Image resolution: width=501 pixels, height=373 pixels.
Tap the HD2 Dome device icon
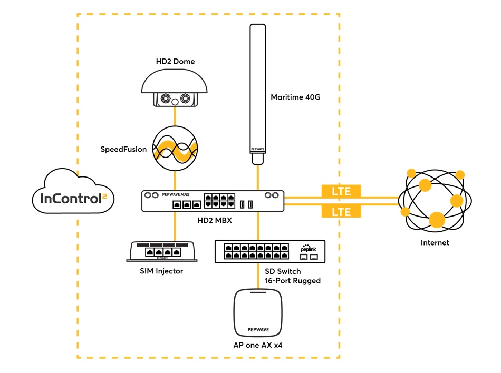(175, 90)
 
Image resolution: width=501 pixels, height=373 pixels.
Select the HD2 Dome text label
(175, 62)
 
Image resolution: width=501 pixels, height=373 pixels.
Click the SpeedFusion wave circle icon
(175, 149)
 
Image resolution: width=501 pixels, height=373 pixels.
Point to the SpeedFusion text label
(123, 149)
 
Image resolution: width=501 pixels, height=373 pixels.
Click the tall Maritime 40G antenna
(257, 90)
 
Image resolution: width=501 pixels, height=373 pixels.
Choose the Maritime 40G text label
(295, 97)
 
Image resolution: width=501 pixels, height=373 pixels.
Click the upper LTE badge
(341, 191)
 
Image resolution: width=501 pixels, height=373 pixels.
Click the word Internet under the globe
(435, 243)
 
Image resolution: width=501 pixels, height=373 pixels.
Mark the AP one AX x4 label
(258, 346)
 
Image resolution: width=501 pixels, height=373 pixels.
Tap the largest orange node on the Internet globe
(437, 220)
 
